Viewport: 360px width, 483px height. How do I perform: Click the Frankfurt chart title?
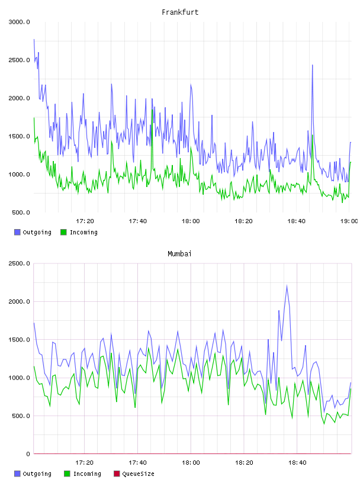[x=180, y=12]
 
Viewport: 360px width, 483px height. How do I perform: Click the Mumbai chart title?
[x=179, y=254]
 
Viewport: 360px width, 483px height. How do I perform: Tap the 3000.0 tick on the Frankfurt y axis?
[x=19, y=22]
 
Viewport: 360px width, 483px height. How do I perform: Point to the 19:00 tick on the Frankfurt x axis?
[x=349, y=221]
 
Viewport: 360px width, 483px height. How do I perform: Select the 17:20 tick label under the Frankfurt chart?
[x=85, y=221]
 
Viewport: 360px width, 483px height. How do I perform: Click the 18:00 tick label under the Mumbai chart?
[x=191, y=463]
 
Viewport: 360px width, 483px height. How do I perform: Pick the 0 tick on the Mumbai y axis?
[x=28, y=454]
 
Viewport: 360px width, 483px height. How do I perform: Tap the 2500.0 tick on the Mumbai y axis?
[x=19, y=263]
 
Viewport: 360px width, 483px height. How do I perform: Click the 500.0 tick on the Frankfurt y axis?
[x=21, y=212]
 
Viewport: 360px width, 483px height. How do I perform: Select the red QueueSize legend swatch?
[x=117, y=474]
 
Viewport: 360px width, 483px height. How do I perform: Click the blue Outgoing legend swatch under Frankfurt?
[x=17, y=232]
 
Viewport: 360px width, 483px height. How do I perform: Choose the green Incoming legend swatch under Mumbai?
[x=67, y=474]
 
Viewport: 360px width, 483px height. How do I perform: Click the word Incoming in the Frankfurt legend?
[x=83, y=232]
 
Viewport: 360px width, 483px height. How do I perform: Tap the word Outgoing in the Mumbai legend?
[x=37, y=474]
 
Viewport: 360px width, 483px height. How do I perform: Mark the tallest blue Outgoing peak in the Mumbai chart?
[x=287, y=285]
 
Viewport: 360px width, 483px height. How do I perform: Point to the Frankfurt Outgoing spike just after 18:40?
[x=312, y=65]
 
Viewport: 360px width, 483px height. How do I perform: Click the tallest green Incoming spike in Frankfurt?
[x=152, y=110]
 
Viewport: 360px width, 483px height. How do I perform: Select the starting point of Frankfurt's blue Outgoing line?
[x=34, y=40]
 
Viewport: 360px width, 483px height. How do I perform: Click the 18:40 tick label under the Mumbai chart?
[x=297, y=463]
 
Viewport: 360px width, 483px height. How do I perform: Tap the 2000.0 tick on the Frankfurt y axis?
[x=19, y=98]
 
